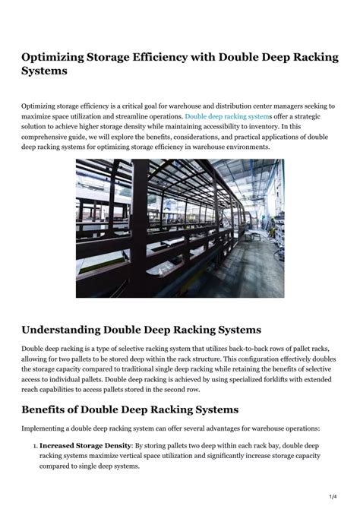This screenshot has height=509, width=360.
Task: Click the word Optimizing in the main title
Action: pos(55,58)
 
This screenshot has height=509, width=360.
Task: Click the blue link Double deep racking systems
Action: pos(227,116)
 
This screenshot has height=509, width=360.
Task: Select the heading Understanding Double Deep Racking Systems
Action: pos(141,330)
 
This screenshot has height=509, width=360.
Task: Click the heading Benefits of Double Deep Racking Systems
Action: pos(130,409)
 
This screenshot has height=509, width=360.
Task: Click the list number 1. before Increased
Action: pos(34,445)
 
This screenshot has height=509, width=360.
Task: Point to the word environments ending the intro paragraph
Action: pos(244,147)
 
